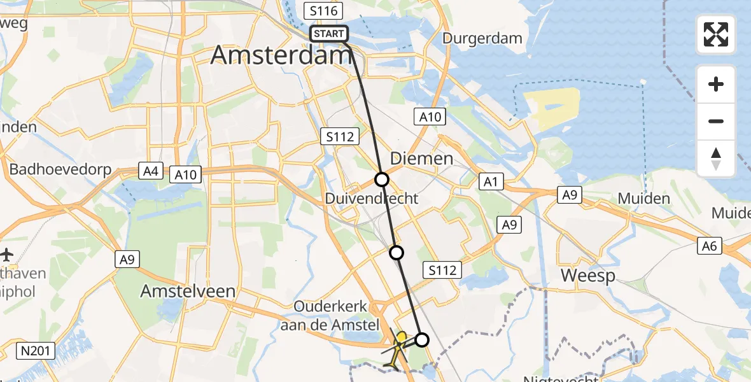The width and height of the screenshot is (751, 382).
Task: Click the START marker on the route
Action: click(x=329, y=34)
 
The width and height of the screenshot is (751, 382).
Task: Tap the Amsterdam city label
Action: click(x=281, y=55)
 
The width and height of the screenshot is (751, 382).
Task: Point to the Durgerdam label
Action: click(x=482, y=38)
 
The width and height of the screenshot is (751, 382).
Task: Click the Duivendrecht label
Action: click(x=372, y=199)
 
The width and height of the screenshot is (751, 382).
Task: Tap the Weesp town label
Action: click(x=587, y=276)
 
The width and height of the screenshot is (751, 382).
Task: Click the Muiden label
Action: click(x=643, y=199)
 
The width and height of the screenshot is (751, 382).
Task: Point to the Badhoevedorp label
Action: click(x=60, y=170)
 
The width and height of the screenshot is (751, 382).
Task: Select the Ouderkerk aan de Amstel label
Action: click(x=331, y=315)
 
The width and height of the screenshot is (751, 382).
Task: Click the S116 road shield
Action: click(x=323, y=11)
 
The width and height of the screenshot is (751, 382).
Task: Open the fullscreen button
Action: click(x=716, y=34)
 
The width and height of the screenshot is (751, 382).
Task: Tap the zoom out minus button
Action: click(x=716, y=122)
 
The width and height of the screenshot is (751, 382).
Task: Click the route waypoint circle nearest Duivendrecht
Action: click(x=381, y=180)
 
